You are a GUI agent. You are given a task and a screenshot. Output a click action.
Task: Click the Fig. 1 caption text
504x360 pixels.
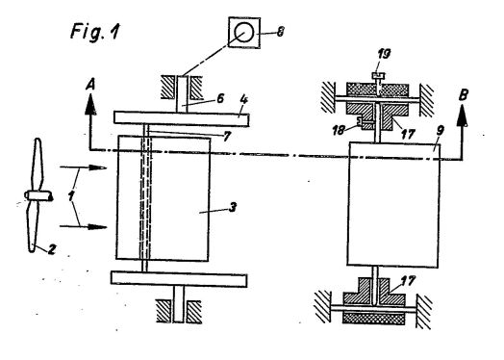coord(94,32)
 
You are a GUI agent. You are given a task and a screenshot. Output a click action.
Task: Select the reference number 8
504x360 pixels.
coord(281,32)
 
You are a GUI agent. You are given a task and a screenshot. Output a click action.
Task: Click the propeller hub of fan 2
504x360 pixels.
coord(38,195)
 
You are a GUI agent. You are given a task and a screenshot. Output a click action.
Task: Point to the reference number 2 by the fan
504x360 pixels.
coord(51,249)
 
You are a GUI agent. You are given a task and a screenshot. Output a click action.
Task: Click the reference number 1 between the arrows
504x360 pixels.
coord(71,195)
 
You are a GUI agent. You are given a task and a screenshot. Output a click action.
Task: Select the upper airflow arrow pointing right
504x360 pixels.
coord(84,167)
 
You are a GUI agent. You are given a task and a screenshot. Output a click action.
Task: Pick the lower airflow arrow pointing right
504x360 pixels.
coord(84,227)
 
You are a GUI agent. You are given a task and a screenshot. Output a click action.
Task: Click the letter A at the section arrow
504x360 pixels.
coord(90,85)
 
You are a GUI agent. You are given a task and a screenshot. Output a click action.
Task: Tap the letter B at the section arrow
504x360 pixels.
coord(463,95)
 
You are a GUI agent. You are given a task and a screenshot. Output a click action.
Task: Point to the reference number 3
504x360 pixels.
coord(233,207)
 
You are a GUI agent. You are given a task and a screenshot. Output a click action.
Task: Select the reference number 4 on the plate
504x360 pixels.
coord(244,99)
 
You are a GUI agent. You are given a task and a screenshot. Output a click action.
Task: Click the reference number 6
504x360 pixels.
coord(220,98)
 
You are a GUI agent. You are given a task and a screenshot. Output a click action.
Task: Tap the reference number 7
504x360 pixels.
coord(227,137)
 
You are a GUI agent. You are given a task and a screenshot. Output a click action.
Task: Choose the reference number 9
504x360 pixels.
coord(440,131)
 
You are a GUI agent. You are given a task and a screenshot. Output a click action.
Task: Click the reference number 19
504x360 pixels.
coord(384,53)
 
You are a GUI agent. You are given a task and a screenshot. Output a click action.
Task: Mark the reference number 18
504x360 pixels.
coord(339,130)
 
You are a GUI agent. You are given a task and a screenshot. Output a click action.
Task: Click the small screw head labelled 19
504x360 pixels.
coord(379,76)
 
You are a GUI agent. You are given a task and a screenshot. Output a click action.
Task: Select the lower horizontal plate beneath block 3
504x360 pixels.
coord(179,279)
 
